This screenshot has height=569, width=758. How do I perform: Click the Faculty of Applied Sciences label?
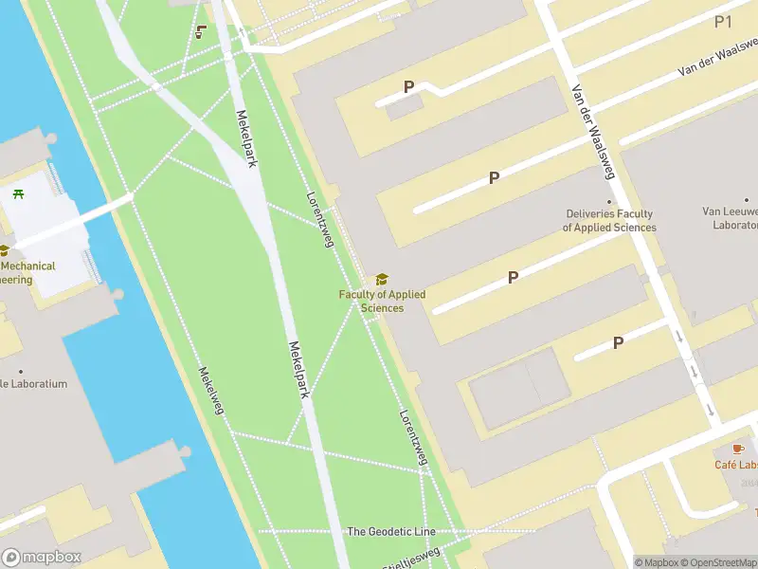coord(382,301)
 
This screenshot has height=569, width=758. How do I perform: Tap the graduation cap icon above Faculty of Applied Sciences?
coord(382,279)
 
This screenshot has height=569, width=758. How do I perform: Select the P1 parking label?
coord(724,21)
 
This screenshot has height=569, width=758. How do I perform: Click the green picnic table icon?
coord(19,193)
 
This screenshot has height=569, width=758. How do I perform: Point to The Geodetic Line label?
coord(391,532)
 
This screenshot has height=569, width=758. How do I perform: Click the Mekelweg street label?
coord(210,391)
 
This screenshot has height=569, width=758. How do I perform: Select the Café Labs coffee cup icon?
coord(738,448)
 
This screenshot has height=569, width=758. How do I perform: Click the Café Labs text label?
coord(736,465)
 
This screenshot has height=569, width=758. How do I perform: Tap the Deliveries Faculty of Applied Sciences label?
coord(609,221)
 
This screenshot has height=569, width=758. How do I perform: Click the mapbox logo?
coord(42,557)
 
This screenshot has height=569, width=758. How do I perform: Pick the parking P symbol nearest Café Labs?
coord(618,343)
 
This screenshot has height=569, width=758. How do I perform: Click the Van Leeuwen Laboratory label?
coord(730,219)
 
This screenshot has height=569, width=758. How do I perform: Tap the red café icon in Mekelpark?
coord(200,31)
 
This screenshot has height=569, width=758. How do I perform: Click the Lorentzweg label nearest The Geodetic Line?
coord(413,437)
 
